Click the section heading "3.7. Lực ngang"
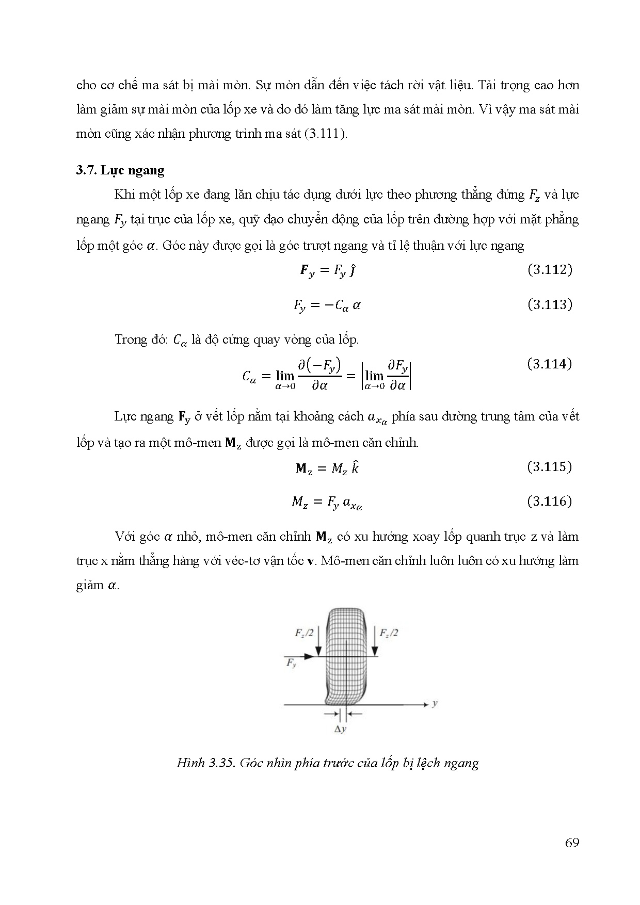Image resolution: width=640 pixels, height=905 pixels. pos(120,170)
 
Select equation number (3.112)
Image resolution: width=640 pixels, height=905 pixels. pos(550,270)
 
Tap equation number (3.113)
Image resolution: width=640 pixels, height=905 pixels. pos(550,304)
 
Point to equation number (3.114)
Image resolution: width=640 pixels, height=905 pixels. pos(550,364)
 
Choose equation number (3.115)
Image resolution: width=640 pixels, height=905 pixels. pos(550,467)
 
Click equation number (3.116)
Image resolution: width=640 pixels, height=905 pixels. pos(550,501)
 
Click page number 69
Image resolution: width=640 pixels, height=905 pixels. pos(572,843)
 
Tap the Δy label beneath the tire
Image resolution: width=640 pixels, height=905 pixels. pos(340,729)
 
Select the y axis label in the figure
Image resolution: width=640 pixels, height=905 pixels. pos(436,703)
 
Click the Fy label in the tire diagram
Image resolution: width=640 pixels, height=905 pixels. pos(292,664)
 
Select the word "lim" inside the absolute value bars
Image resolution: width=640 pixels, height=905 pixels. pos(374,376)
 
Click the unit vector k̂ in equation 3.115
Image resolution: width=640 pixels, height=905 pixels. pos(355,468)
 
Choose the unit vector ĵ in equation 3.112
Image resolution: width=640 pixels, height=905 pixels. pos(352,270)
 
